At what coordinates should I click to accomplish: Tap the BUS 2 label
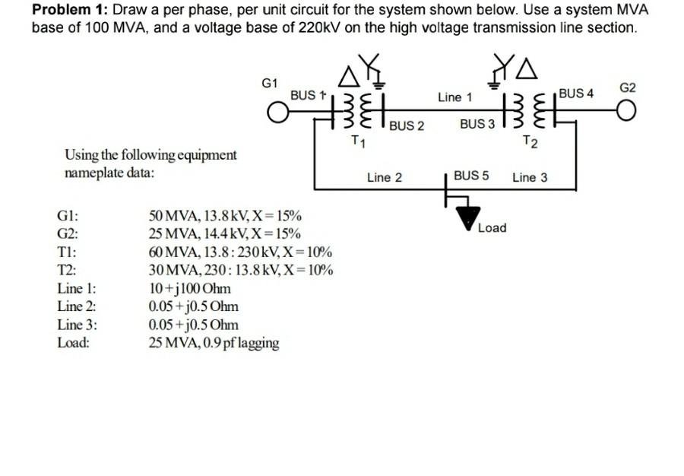[x=406, y=126]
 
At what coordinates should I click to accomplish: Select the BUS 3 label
[x=477, y=124]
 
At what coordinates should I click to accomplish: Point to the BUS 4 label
[x=575, y=94]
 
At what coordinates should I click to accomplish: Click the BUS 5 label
[x=470, y=176]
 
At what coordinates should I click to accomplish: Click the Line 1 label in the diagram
[x=454, y=97]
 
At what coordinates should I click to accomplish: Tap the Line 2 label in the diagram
[x=384, y=178]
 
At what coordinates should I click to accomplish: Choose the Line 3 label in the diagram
[x=529, y=178]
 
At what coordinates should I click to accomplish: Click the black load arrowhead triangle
[x=467, y=218]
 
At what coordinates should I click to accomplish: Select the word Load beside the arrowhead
[x=492, y=227]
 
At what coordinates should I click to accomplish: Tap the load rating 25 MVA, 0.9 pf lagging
[x=214, y=343]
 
